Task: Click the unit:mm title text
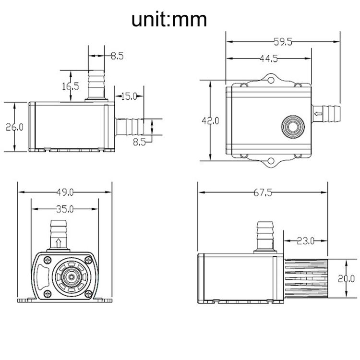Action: pyautogui.click(x=169, y=20)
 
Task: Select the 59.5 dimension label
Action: pyautogui.click(x=283, y=42)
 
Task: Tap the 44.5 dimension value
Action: pyautogui.click(x=269, y=59)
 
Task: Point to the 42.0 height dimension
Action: pyautogui.click(x=210, y=120)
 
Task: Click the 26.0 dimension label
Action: pyautogui.click(x=14, y=127)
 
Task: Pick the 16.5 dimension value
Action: pyautogui.click(x=71, y=86)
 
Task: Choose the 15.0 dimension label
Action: pyautogui.click(x=129, y=96)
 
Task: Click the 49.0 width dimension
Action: pyautogui.click(x=65, y=192)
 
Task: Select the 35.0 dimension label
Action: pyautogui.click(x=65, y=209)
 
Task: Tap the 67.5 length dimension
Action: pyautogui.click(x=263, y=192)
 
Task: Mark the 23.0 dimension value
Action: pyautogui.click(x=305, y=241)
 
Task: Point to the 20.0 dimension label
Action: pyautogui.click(x=346, y=279)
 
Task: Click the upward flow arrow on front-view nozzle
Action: pyautogui.click(x=59, y=243)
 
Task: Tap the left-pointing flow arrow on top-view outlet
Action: pyautogui.click(x=318, y=114)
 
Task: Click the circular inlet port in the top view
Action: pyautogui.click(x=293, y=126)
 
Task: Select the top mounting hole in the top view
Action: pyautogui.click(x=271, y=80)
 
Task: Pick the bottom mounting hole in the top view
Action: pyautogui.click(x=271, y=161)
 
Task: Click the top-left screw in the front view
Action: pyautogui.click(x=48, y=260)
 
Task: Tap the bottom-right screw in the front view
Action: pyautogui.click(x=88, y=293)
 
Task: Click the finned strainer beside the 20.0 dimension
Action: pyautogui.click(x=306, y=278)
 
